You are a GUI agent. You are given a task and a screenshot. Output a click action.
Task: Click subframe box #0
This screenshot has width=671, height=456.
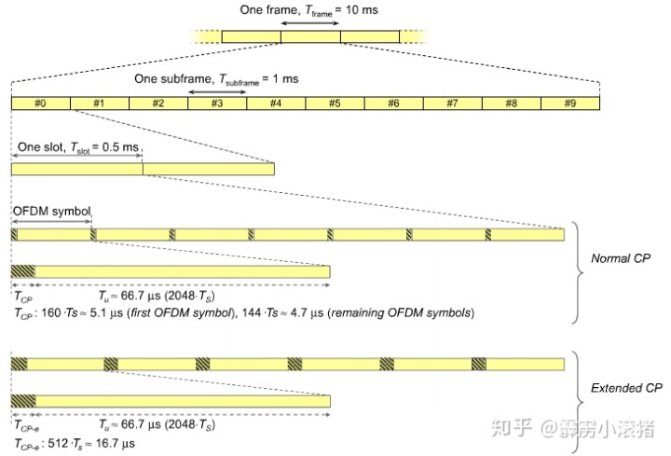[40, 104]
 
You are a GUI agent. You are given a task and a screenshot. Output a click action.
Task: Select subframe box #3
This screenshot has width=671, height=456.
[216, 104]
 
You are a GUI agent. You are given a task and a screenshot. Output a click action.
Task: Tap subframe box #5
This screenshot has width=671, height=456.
[335, 104]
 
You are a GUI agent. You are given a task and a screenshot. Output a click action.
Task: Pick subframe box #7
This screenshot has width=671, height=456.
[452, 104]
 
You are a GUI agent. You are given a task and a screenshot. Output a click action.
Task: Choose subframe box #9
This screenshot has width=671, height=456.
[570, 104]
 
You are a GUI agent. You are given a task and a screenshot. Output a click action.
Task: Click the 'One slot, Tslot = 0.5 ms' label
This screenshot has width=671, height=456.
[76, 148]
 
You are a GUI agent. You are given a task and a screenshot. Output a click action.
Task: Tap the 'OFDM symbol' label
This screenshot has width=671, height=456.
[51, 212]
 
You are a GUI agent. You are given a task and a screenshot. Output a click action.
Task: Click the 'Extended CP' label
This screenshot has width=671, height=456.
[625, 387]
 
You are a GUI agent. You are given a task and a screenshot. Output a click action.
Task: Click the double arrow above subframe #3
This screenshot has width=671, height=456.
[216, 90]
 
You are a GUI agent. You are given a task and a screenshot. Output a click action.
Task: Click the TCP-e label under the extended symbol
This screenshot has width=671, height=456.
[25, 426]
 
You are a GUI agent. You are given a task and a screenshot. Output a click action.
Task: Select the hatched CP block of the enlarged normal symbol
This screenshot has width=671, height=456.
[22, 271]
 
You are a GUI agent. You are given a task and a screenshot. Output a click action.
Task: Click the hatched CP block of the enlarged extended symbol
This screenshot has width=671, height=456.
[23, 401]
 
